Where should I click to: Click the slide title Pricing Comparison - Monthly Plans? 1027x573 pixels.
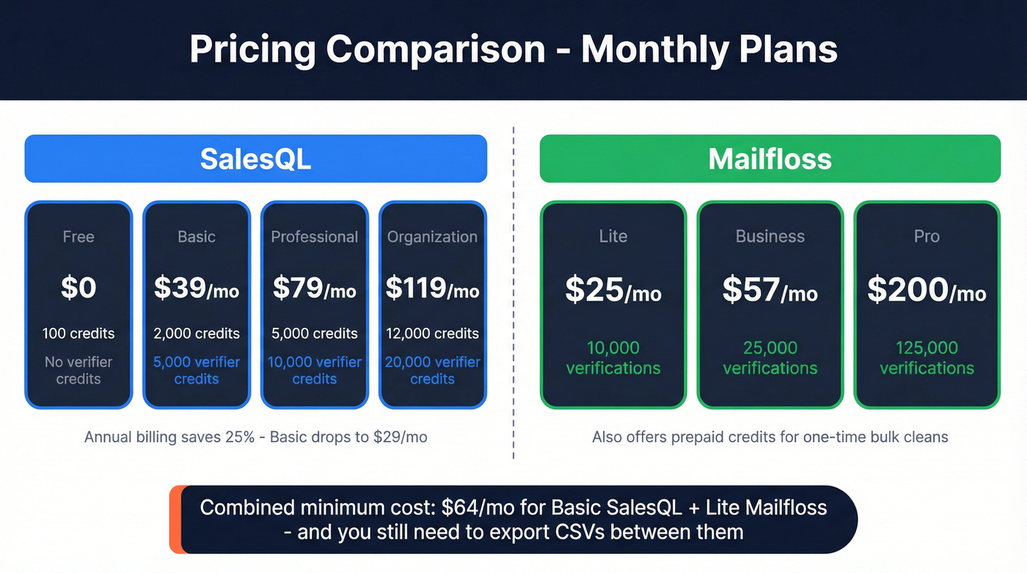(x=513, y=49)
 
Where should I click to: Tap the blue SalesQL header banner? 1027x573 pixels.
(x=255, y=158)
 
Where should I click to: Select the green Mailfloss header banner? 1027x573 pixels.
(x=770, y=158)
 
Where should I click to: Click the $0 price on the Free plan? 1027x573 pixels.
(x=78, y=288)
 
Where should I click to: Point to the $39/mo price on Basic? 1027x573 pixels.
(x=197, y=288)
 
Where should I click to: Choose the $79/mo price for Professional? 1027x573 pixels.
(x=314, y=288)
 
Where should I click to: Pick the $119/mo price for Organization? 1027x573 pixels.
(x=432, y=288)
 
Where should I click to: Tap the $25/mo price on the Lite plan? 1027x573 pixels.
(x=613, y=290)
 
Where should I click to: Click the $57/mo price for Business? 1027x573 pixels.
(x=770, y=290)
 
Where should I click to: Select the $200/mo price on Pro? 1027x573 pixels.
(x=927, y=290)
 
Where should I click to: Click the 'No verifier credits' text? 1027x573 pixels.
(x=78, y=371)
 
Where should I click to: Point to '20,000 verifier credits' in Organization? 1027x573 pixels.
(x=432, y=371)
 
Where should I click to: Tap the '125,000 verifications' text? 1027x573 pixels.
(x=927, y=358)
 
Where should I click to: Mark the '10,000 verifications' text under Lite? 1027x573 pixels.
(x=613, y=358)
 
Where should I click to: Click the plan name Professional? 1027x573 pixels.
(x=314, y=237)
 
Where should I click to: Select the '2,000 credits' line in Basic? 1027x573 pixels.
(x=197, y=334)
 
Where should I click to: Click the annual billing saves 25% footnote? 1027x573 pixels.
(x=255, y=437)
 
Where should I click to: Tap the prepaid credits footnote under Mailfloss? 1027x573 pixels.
(x=770, y=437)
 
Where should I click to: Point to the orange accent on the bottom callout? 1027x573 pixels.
(x=175, y=519)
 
